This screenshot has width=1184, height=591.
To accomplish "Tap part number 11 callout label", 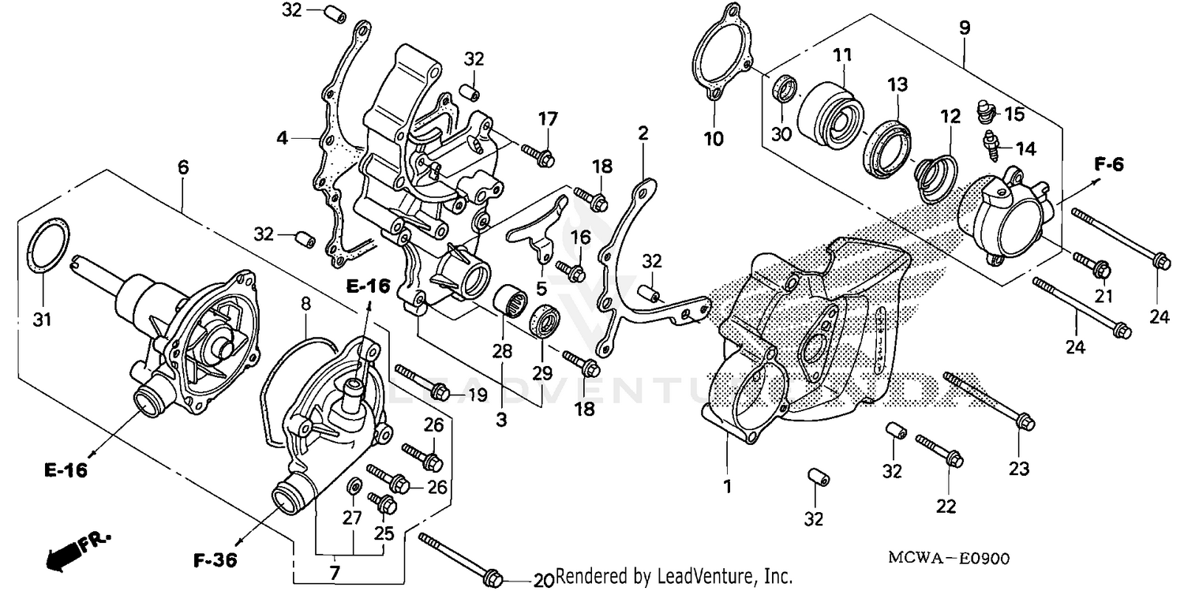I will (x=842, y=56).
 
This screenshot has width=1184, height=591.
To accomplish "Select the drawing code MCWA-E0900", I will (x=949, y=559).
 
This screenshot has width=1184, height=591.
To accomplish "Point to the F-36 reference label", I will (x=215, y=561).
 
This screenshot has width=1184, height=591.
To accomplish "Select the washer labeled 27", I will (x=354, y=483).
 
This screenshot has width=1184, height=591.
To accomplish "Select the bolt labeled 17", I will (x=538, y=155).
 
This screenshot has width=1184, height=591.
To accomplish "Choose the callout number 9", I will (x=965, y=28).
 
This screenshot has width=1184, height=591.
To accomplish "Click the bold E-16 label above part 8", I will (x=367, y=286).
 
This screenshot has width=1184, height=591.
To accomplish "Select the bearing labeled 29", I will (x=544, y=320).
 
